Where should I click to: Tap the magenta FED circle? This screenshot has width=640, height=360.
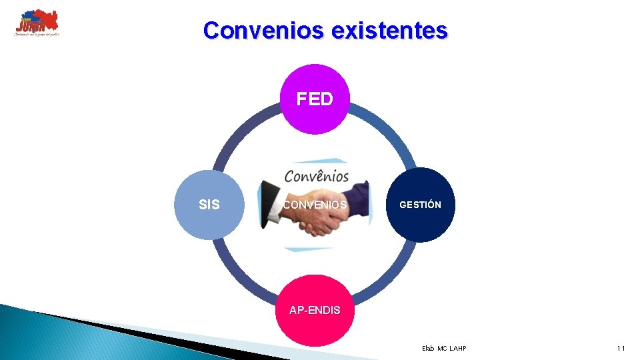(x=315, y=99)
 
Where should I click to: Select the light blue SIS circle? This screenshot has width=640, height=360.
(x=209, y=205)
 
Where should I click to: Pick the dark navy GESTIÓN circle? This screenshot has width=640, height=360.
(x=421, y=205)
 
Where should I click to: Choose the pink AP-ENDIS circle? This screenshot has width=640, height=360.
(x=315, y=310)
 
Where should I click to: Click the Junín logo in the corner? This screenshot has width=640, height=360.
(x=37, y=23)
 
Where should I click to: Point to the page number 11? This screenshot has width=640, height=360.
(x=621, y=349)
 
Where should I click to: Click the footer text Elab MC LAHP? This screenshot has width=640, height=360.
(x=444, y=349)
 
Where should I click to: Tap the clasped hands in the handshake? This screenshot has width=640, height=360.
(x=317, y=223)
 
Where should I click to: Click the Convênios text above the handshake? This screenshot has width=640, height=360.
(x=316, y=177)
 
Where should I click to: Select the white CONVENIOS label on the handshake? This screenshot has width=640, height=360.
(x=315, y=205)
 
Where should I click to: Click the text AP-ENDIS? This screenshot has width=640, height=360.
(x=315, y=310)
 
